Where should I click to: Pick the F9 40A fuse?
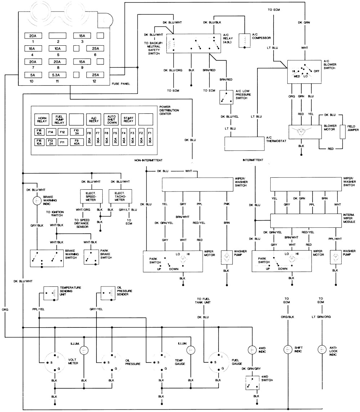[76, 142]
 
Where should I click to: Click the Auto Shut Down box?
[111, 119]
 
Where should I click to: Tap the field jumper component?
[343, 132]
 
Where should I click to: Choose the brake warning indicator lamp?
[37, 201]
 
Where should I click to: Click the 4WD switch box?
[252, 383]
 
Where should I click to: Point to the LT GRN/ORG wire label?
[321, 317]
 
